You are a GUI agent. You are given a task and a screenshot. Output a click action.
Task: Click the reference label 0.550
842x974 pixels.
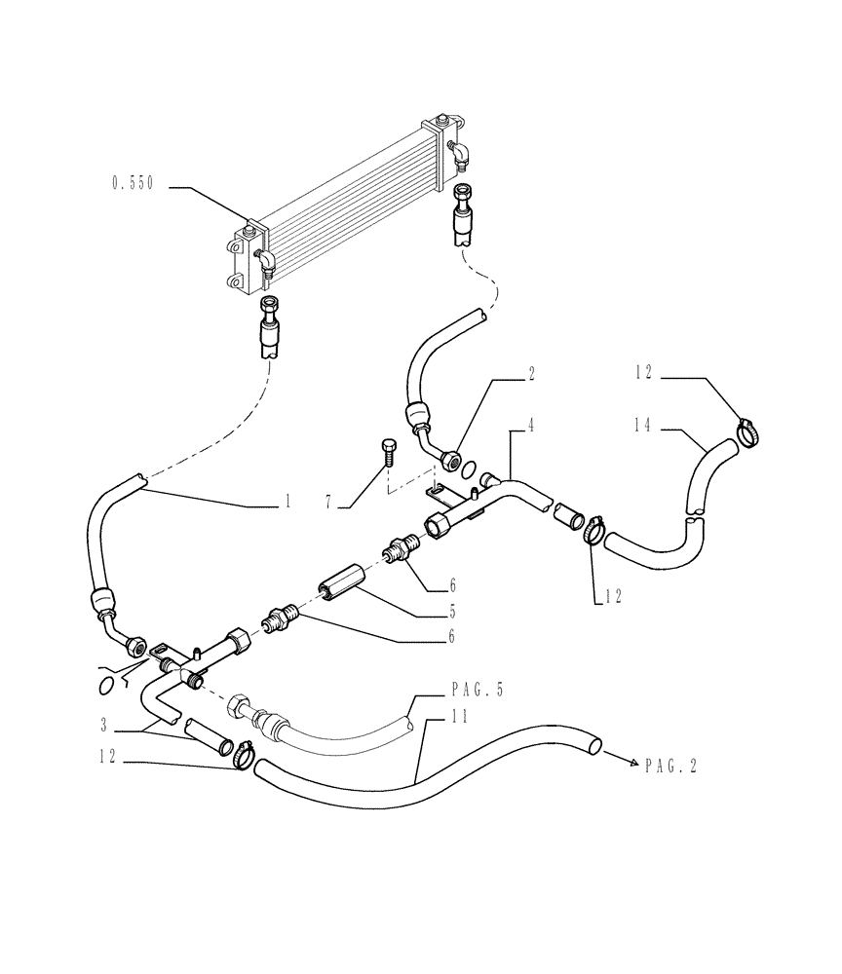pyautogui.click(x=134, y=183)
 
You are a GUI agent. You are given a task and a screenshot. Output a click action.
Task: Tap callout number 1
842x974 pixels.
pyautogui.click(x=287, y=503)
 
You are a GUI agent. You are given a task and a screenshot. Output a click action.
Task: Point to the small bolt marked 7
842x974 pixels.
pyautogui.click(x=388, y=452)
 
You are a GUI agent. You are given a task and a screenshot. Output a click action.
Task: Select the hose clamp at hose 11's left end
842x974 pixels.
pyautogui.click(x=242, y=751)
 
